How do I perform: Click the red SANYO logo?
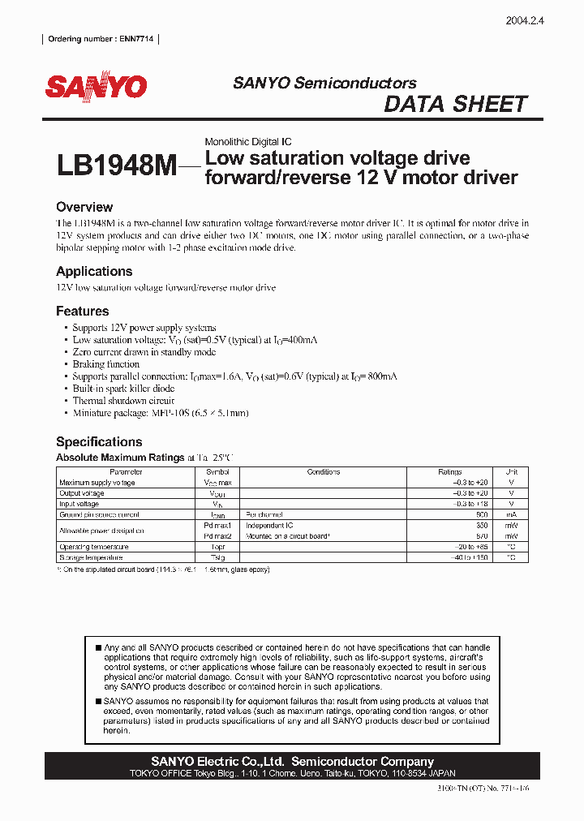pyautogui.click(x=96, y=87)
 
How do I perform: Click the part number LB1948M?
pyautogui.click(x=116, y=166)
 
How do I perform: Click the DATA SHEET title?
pyautogui.click(x=455, y=104)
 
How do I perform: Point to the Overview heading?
pyautogui.click(x=84, y=207)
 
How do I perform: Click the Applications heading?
pyautogui.click(x=94, y=271)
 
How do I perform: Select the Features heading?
pyautogui.click(x=82, y=311)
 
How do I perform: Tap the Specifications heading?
pyautogui.click(x=99, y=441)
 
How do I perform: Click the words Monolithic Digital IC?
pyautogui.click(x=248, y=142)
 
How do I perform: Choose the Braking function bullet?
pyautogui.click(x=106, y=364)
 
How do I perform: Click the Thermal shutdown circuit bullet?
pyautogui.click(x=123, y=401)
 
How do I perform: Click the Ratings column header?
pyautogui.click(x=449, y=472)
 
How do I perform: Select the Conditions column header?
pyautogui.click(x=324, y=472)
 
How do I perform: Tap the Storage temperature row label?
pyautogui.click(x=91, y=557)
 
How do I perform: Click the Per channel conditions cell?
pyautogui.click(x=264, y=514)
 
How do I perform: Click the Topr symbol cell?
pyautogui.click(x=217, y=547)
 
